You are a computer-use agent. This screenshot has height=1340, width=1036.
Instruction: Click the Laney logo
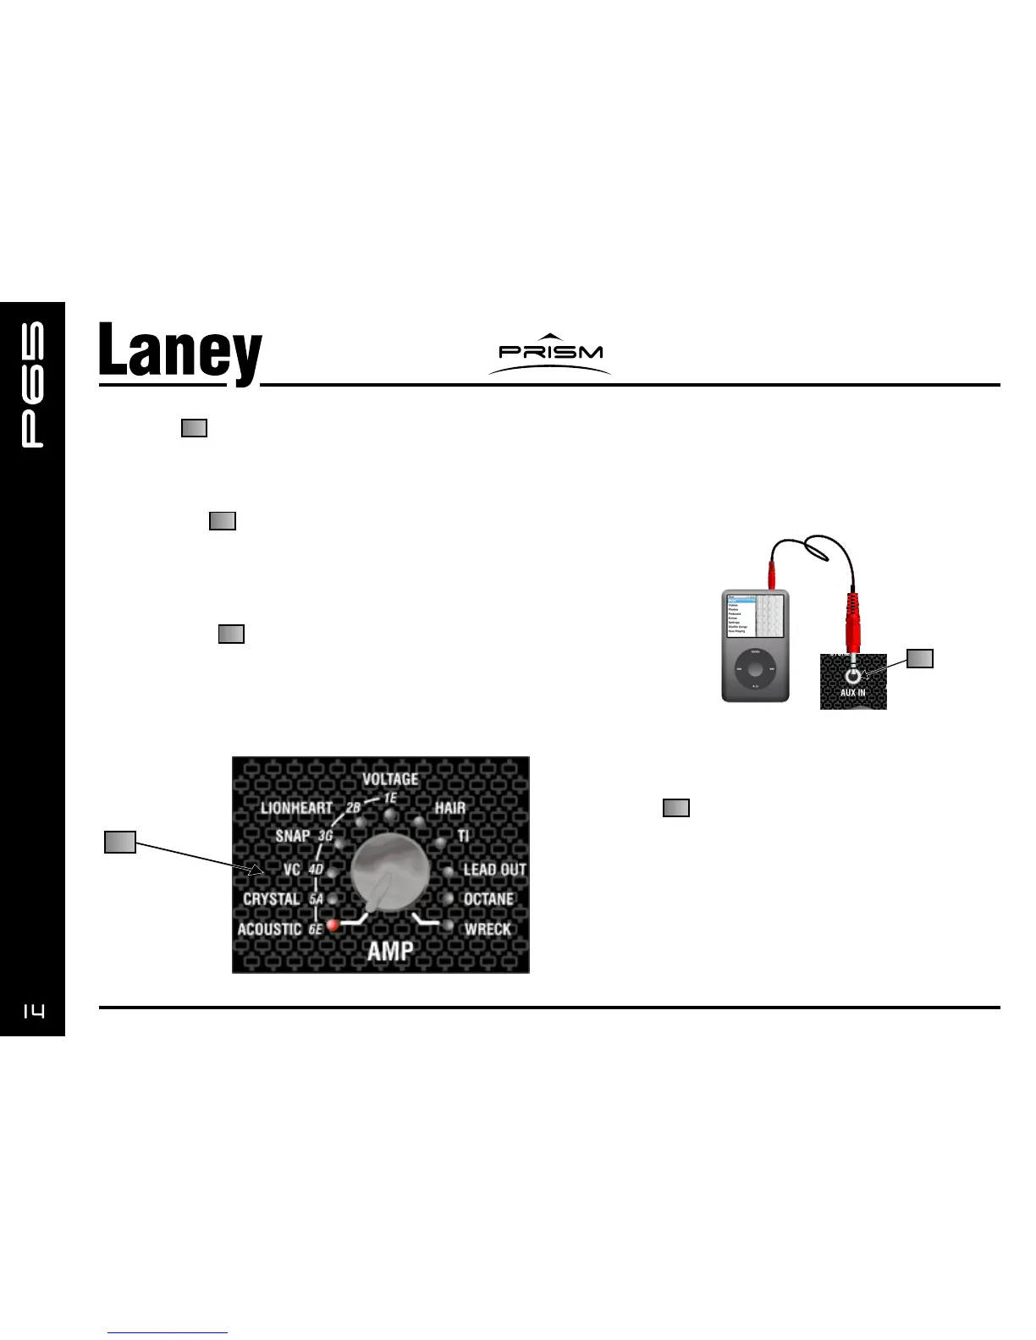tap(179, 352)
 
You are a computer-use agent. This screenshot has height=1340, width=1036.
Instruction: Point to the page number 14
tap(33, 1011)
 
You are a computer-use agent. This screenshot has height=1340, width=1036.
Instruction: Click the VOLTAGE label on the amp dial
tap(390, 779)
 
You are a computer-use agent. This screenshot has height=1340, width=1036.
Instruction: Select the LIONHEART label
tap(296, 808)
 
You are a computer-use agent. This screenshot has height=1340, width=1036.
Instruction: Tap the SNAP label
tap(293, 836)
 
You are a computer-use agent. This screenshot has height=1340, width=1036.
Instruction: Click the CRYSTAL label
tap(272, 898)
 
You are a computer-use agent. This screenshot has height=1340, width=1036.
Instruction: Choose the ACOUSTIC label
tap(269, 929)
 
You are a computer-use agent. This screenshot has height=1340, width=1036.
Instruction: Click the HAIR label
tap(450, 808)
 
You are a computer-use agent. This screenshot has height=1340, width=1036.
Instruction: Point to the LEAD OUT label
tap(494, 870)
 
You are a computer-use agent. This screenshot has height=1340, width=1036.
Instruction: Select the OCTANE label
tap(488, 898)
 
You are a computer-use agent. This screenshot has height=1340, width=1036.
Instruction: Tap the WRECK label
tap(488, 929)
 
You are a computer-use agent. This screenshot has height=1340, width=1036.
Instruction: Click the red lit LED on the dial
tap(333, 925)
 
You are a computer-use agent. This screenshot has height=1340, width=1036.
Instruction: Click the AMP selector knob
tap(389, 873)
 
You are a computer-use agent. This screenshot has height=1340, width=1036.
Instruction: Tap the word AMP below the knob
tap(390, 951)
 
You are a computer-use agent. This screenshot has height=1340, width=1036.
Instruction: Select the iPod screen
tap(755, 615)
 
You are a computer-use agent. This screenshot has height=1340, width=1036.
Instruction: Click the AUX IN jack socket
tap(853, 675)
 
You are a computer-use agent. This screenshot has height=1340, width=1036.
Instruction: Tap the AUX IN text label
tap(853, 693)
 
